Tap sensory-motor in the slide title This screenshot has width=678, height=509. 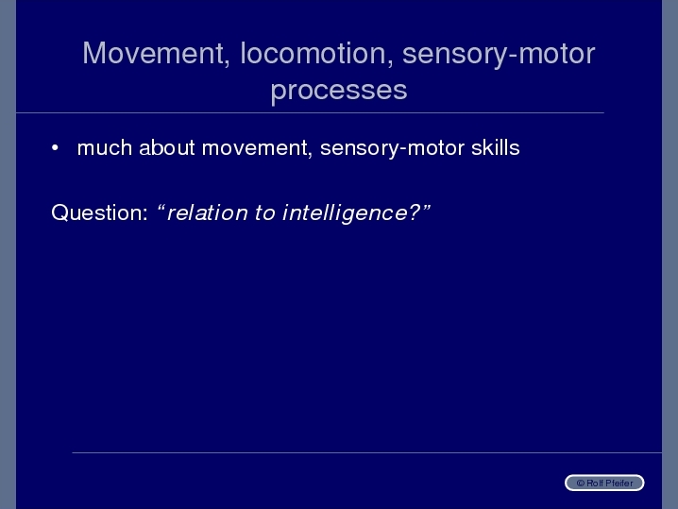499,55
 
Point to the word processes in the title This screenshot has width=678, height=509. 339,91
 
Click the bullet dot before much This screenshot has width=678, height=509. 55,148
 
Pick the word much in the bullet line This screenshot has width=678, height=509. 105,148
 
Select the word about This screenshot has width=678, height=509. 167,148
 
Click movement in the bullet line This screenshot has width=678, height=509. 257,149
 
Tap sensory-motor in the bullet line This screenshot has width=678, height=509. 392,149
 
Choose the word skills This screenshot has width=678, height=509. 496,148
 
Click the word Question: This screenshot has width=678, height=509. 100,212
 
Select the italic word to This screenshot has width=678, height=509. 264,213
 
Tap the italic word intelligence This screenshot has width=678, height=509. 345,213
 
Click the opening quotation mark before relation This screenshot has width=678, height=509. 161,208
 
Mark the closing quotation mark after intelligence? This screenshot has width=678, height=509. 426,208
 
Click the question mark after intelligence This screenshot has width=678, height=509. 415,212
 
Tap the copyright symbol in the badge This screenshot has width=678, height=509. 581,484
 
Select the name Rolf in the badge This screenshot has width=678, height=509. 596,484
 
